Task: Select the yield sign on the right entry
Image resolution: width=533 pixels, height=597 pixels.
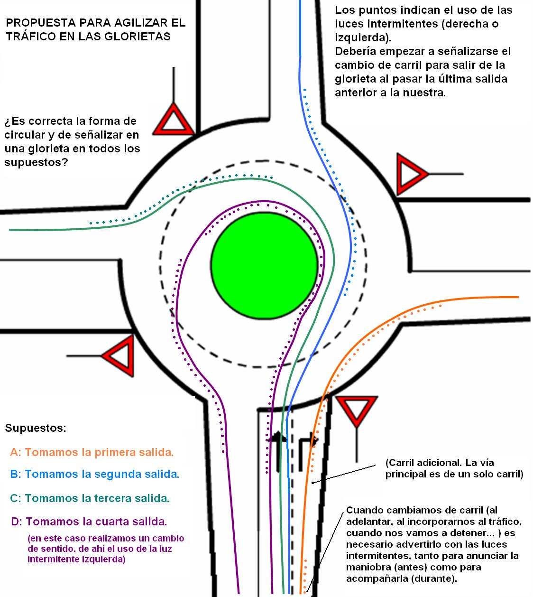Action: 410,174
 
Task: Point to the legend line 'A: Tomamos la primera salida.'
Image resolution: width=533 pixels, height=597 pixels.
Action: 92,452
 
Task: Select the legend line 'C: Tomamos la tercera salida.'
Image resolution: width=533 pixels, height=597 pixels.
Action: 90,498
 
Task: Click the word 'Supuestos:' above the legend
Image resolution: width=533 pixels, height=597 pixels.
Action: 36,428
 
